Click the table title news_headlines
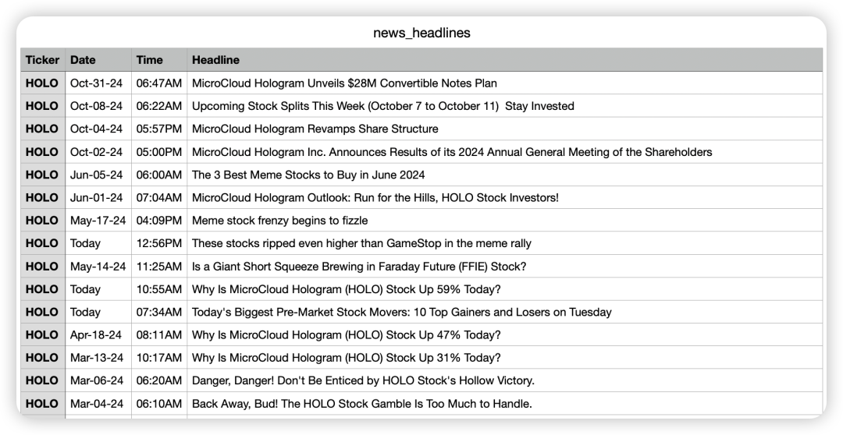click(421, 33)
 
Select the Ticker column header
click(42, 60)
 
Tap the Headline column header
click(215, 60)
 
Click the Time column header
click(149, 60)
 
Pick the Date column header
click(83, 60)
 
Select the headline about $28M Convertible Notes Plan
click(344, 83)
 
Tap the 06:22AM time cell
click(158, 106)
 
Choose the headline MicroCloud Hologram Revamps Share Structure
click(315, 129)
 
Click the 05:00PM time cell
click(158, 152)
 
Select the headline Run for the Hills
click(375, 197)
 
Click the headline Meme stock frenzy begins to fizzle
click(279, 221)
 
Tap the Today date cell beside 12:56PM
click(85, 243)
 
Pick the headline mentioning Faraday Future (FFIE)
click(359, 266)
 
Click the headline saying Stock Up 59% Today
click(346, 289)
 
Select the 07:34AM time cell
click(158, 312)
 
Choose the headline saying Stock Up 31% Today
click(346, 358)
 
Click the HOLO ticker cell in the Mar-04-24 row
click(42, 404)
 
